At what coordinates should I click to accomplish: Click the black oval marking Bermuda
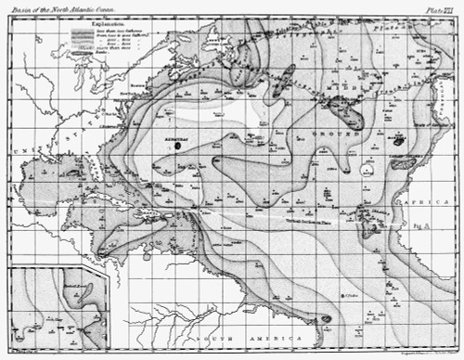(177, 145)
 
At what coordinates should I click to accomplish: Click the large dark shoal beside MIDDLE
(349, 114)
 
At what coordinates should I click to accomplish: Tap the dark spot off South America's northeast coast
(326, 319)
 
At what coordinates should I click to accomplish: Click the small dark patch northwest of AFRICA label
(400, 164)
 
